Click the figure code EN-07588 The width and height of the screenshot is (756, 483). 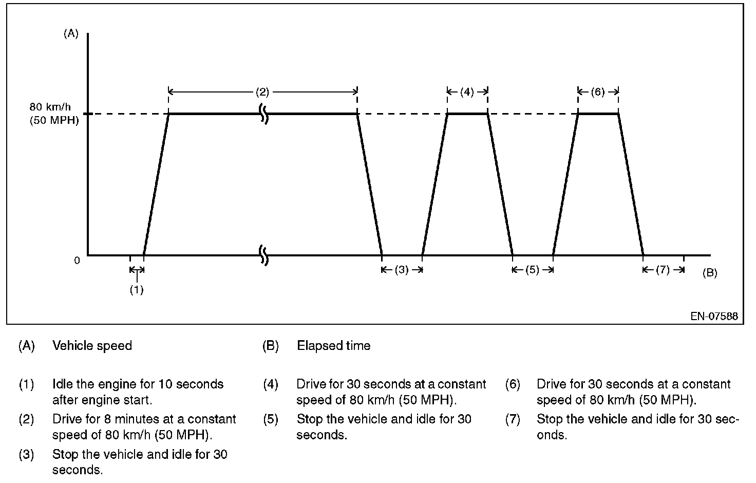714,316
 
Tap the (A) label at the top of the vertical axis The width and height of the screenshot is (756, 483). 71,34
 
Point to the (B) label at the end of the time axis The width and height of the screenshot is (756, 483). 709,273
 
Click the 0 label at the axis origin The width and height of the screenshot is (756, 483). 77,261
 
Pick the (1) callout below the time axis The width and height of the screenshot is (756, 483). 136,290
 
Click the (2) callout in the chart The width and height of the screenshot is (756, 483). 262,92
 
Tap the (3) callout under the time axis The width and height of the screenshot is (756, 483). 402,270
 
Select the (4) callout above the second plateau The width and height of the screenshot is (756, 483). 467,92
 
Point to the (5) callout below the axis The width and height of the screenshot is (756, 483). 533,270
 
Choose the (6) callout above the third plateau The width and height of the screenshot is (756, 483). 597,92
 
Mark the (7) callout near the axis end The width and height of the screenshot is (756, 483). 663,270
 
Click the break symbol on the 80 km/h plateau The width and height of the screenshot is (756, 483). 264,114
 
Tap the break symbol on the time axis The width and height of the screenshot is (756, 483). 264,255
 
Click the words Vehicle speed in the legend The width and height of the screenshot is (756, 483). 92,346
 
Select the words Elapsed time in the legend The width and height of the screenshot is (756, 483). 334,346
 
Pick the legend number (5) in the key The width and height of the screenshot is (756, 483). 271,419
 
